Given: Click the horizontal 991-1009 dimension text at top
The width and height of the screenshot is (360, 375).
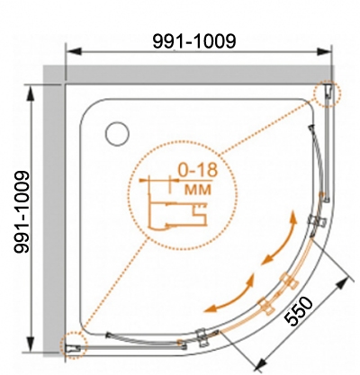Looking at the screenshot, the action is [x=194, y=40].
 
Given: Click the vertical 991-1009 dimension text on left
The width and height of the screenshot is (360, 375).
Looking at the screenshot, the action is [x=22, y=212].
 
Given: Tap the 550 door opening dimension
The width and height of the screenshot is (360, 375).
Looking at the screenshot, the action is [x=298, y=311].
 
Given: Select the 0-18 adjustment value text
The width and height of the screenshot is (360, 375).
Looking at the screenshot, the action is [x=197, y=170].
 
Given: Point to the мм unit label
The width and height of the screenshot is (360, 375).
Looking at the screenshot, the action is [x=198, y=190].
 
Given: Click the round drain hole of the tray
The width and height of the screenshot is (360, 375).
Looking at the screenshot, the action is [x=117, y=134].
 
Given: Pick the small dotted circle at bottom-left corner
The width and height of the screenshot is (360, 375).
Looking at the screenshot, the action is [x=74, y=345].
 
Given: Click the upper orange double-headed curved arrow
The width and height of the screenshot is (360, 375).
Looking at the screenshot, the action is [x=281, y=240].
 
